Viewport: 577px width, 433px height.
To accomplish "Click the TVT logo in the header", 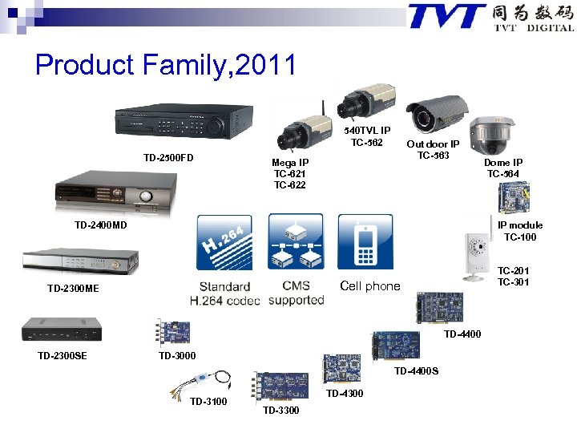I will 447,16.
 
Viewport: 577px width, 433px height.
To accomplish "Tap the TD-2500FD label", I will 168,157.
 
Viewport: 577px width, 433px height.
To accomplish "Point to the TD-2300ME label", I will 73,288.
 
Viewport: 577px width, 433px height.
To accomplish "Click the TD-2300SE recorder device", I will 62,329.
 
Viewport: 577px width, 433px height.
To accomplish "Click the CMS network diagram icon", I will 295,241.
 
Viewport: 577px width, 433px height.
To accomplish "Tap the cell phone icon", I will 365,241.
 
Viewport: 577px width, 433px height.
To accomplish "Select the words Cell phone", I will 369,286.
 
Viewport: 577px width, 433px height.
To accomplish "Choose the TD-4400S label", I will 416,371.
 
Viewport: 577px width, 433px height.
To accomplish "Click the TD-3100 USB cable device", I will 206,382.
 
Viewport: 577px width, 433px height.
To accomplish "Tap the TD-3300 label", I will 280,411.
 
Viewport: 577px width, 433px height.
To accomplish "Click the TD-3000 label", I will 177,355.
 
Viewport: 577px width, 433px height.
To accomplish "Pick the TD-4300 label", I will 345,394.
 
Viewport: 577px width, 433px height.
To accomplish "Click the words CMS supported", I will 296,293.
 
